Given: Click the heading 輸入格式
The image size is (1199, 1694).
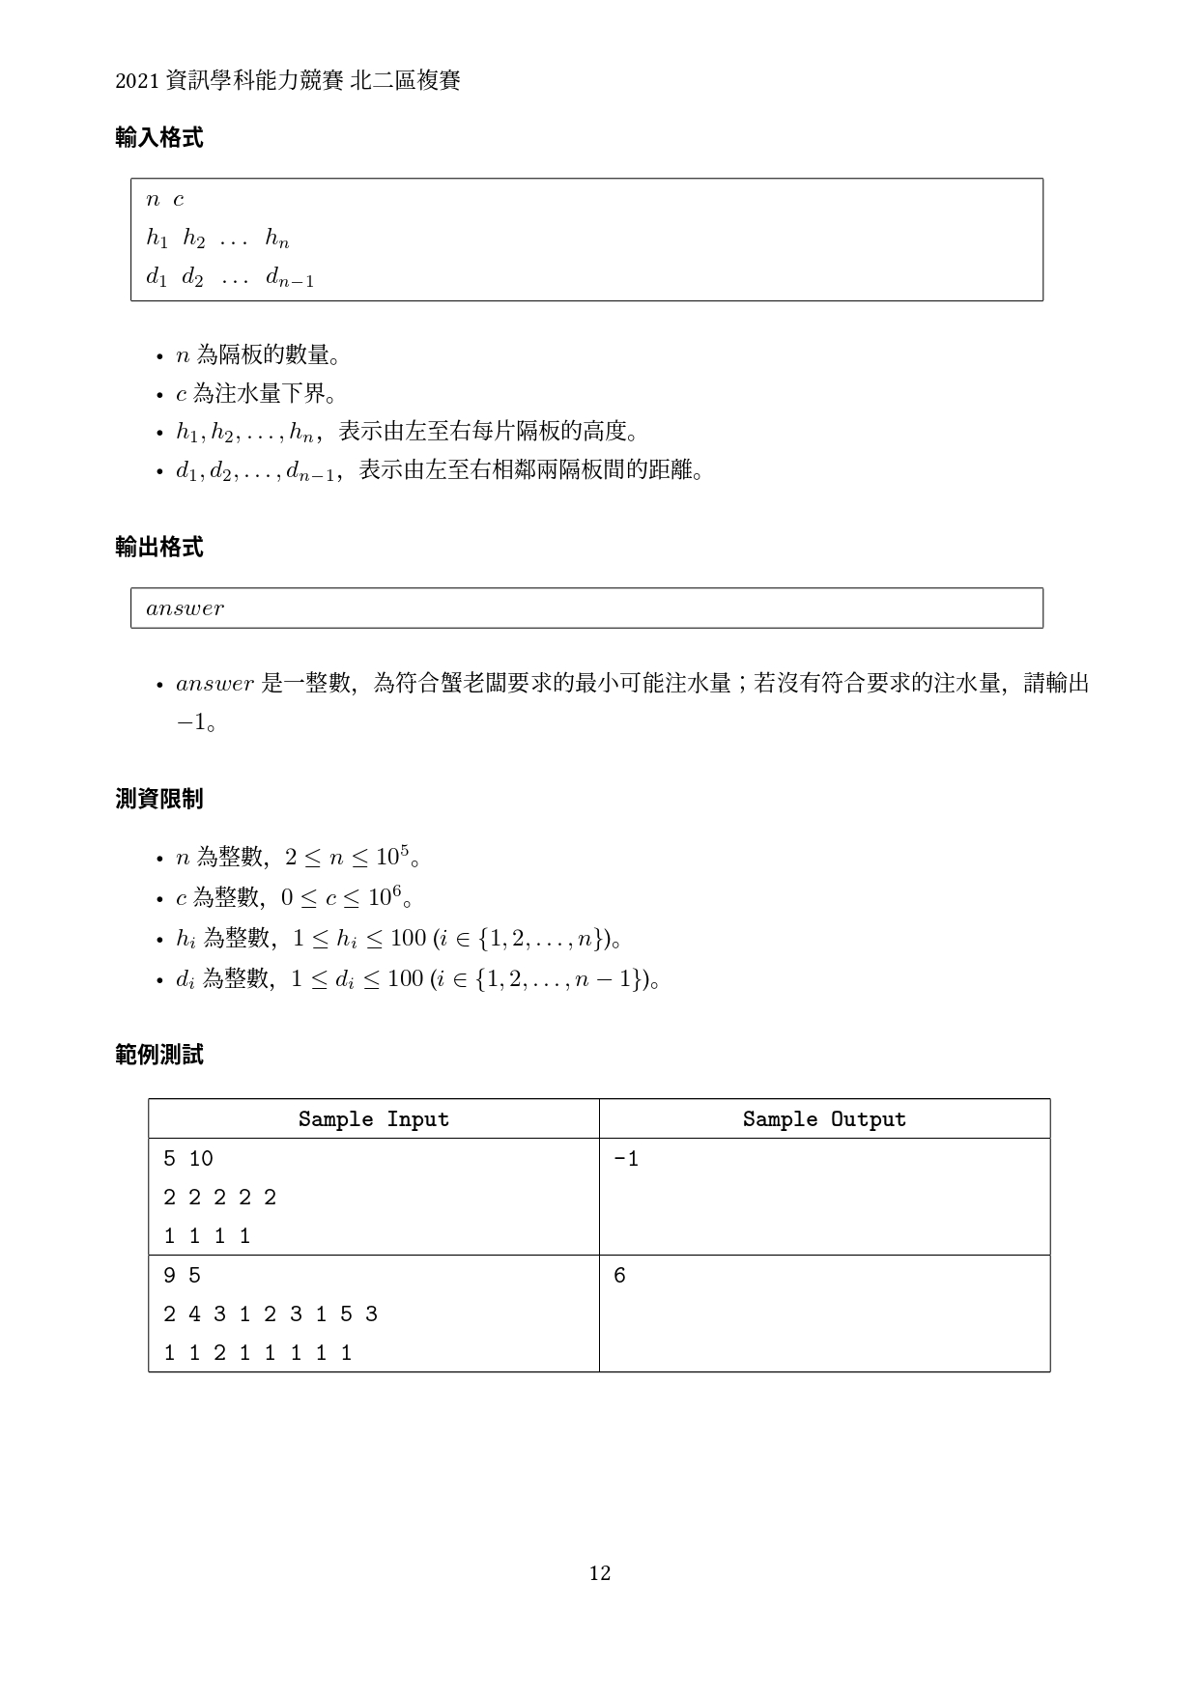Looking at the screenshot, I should (x=158, y=138).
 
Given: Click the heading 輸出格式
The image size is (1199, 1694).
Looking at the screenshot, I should (x=158, y=548).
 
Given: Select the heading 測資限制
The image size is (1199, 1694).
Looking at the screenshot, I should (x=158, y=799).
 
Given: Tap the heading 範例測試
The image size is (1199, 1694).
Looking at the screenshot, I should (x=158, y=1055).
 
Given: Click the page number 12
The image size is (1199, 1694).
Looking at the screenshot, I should (x=599, y=1573).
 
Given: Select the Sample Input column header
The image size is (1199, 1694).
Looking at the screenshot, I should (x=373, y=1119).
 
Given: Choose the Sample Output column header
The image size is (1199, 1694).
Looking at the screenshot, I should (x=824, y=1119).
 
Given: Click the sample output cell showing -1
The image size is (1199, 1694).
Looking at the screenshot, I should (x=626, y=1159).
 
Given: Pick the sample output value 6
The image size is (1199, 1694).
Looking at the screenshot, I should (x=619, y=1276).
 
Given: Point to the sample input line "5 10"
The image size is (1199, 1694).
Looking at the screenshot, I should (x=187, y=1159).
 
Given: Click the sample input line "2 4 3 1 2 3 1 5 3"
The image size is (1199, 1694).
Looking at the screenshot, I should (x=271, y=1314).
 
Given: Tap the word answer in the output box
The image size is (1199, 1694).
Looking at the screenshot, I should (x=185, y=608).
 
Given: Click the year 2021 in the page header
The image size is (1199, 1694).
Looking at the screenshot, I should (x=137, y=82).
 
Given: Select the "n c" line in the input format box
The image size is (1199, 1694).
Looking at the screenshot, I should (x=164, y=200).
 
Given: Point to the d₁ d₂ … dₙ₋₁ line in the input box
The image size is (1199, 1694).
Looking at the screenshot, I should (x=230, y=278).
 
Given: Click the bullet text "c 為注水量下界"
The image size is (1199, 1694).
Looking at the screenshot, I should (x=255, y=394).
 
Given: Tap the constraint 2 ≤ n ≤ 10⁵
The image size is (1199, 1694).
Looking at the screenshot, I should (x=347, y=857).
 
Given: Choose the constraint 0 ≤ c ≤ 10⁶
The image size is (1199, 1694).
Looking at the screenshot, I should (x=341, y=897).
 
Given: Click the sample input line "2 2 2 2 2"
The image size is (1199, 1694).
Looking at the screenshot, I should (x=219, y=1198).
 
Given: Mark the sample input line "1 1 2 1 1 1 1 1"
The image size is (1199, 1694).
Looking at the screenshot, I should (x=257, y=1353).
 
